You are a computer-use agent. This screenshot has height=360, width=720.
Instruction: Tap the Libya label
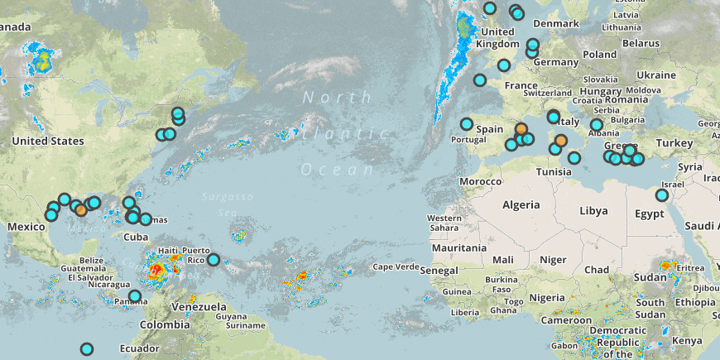593,211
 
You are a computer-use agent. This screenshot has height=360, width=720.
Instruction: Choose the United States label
48,141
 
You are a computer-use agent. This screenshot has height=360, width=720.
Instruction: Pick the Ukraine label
656,74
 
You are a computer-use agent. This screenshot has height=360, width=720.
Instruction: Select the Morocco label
481,180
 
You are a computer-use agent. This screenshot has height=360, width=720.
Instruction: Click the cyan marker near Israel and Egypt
662,195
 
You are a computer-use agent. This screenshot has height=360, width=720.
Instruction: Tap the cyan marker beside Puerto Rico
214,260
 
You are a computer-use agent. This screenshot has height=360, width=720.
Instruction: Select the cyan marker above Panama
135,295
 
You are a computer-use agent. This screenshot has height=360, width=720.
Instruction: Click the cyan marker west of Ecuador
86,349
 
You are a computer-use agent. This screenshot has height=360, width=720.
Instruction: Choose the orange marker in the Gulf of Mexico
81,210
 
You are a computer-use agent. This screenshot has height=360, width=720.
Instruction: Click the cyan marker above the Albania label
596,125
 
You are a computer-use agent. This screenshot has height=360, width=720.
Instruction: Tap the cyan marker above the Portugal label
467,124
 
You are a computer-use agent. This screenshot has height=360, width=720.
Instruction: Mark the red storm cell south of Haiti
156,269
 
